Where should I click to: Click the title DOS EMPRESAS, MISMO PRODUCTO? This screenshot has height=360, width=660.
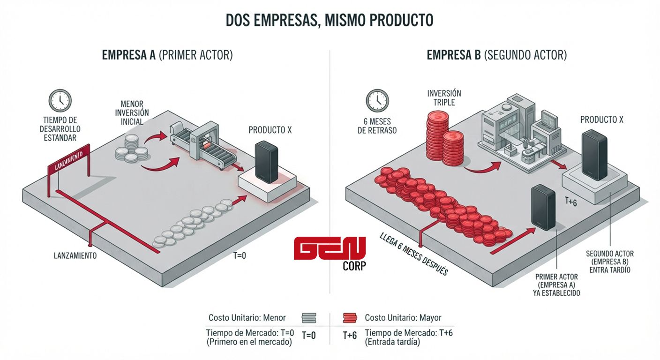[x=330, y=20]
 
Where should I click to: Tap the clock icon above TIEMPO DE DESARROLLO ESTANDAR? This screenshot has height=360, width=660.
[x=60, y=100]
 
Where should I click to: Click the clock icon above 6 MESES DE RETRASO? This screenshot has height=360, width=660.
[x=377, y=100]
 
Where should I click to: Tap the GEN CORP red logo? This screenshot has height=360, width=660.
[x=330, y=253]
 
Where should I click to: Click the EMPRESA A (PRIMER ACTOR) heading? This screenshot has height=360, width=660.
[x=167, y=55]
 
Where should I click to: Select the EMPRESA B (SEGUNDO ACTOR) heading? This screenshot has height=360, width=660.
[x=497, y=55]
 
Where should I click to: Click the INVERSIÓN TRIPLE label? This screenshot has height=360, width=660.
[x=444, y=98]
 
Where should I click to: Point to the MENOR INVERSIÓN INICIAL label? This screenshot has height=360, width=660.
[x=132, y=113]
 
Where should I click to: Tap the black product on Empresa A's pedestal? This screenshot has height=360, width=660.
[x=266, y=162]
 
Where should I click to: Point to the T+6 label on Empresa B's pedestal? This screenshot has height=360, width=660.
[x=571, y=202]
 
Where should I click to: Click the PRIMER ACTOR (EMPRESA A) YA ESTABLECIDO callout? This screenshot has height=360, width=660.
[x=556, y=285]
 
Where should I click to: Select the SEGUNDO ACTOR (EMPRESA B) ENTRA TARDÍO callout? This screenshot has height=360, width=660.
[x=610, y=262]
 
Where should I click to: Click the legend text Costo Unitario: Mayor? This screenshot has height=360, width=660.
[x=403, y=318]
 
